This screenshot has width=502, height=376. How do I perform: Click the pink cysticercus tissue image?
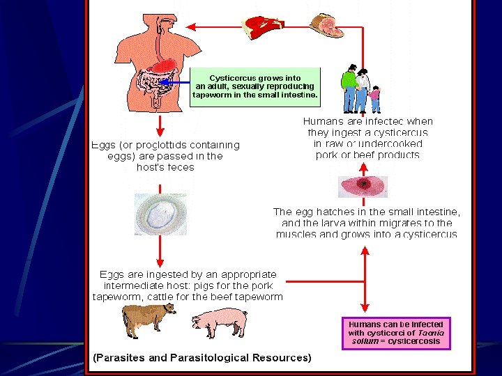(363, 186)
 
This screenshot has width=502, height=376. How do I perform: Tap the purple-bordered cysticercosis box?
(395, 333)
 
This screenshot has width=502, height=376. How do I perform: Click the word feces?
(180, 167)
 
